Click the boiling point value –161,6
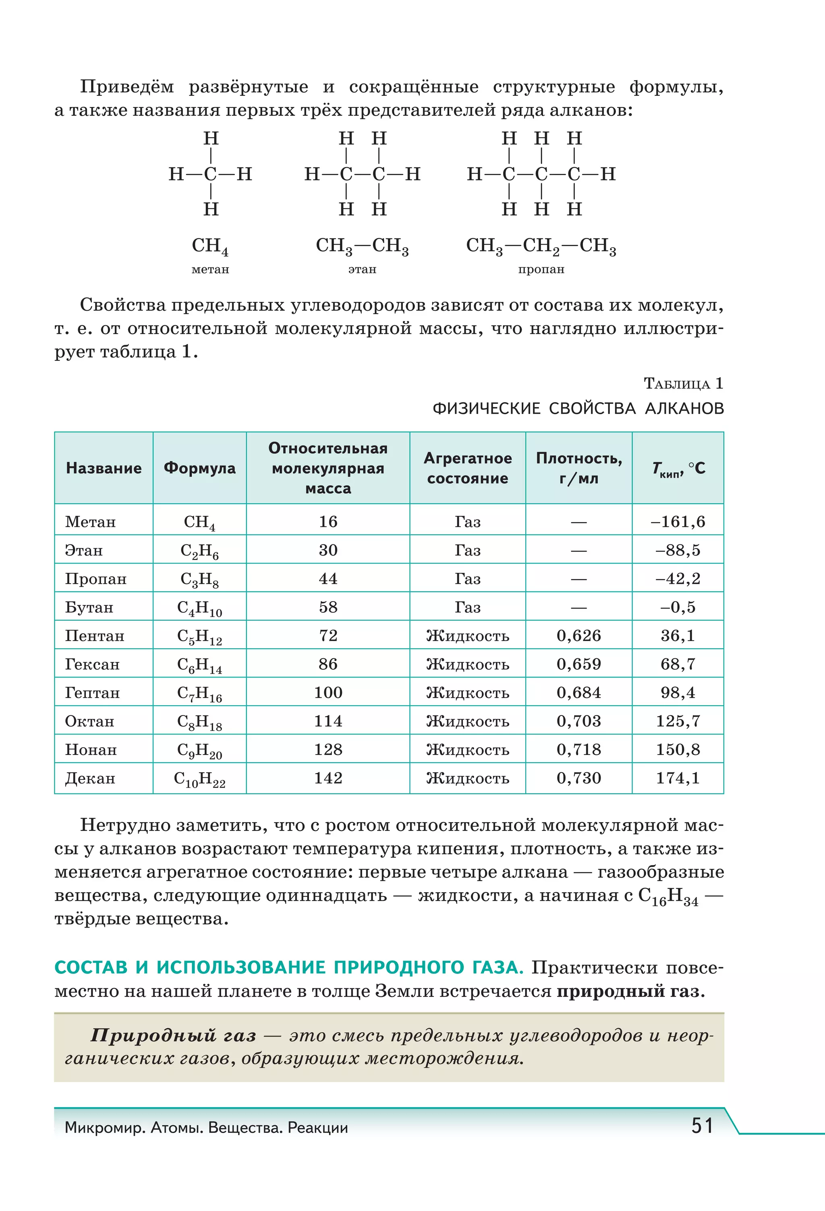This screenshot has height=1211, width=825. tap(678, 522)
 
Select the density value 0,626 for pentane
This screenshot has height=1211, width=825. tap(578, 636)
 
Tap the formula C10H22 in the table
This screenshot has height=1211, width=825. tap(199, 779)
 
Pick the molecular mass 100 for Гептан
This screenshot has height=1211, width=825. tap(328, 692)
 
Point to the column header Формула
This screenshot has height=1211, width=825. tap(199, 468)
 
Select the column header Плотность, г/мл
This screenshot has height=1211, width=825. tap(578, 468)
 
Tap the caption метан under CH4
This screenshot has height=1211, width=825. tap(210, 269)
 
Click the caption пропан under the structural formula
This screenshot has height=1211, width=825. tap(541, 269)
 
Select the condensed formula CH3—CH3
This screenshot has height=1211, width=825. tap(362, 246)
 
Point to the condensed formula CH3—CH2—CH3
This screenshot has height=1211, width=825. tap(541, 246)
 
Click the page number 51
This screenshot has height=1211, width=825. tap(702, 1126)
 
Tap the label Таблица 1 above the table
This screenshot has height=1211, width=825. tap(683, 384)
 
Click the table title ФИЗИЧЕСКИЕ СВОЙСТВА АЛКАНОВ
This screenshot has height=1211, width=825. tap(578, 409)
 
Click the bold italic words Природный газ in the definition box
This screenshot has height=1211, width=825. tap(173, 1035)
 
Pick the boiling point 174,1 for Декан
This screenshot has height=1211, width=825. tap(678, 779)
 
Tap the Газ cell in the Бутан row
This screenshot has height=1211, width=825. tap(467, 608)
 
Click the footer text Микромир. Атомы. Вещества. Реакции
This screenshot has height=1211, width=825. tap(206, 1128)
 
